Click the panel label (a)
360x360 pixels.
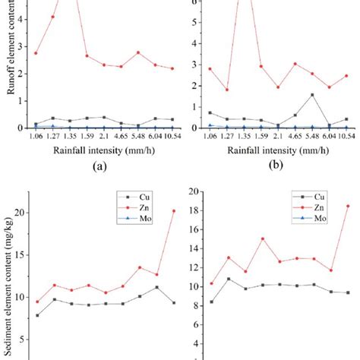click(x=95, y=165)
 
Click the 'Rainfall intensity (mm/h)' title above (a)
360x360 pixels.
click(x=95, y=150)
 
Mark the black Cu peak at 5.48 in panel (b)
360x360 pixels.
click(x=312, y=95)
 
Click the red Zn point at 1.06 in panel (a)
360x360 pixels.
click(x=36, y=53)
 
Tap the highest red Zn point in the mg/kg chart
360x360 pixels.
click(x=173, y=210)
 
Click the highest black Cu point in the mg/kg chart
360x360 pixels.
click(x=156, y=287)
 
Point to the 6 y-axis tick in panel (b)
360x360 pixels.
click(x=194, y=2)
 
